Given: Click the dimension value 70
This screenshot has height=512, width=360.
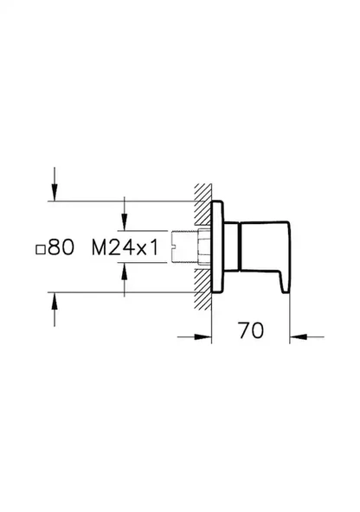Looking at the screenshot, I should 251,330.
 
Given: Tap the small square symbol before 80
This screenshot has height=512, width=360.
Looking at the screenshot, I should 40,249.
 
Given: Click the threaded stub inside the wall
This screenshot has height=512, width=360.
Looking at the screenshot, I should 188,247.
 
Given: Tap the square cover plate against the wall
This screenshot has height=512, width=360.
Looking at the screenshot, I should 220,247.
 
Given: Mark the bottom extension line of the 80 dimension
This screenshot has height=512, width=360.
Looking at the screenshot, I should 121,292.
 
